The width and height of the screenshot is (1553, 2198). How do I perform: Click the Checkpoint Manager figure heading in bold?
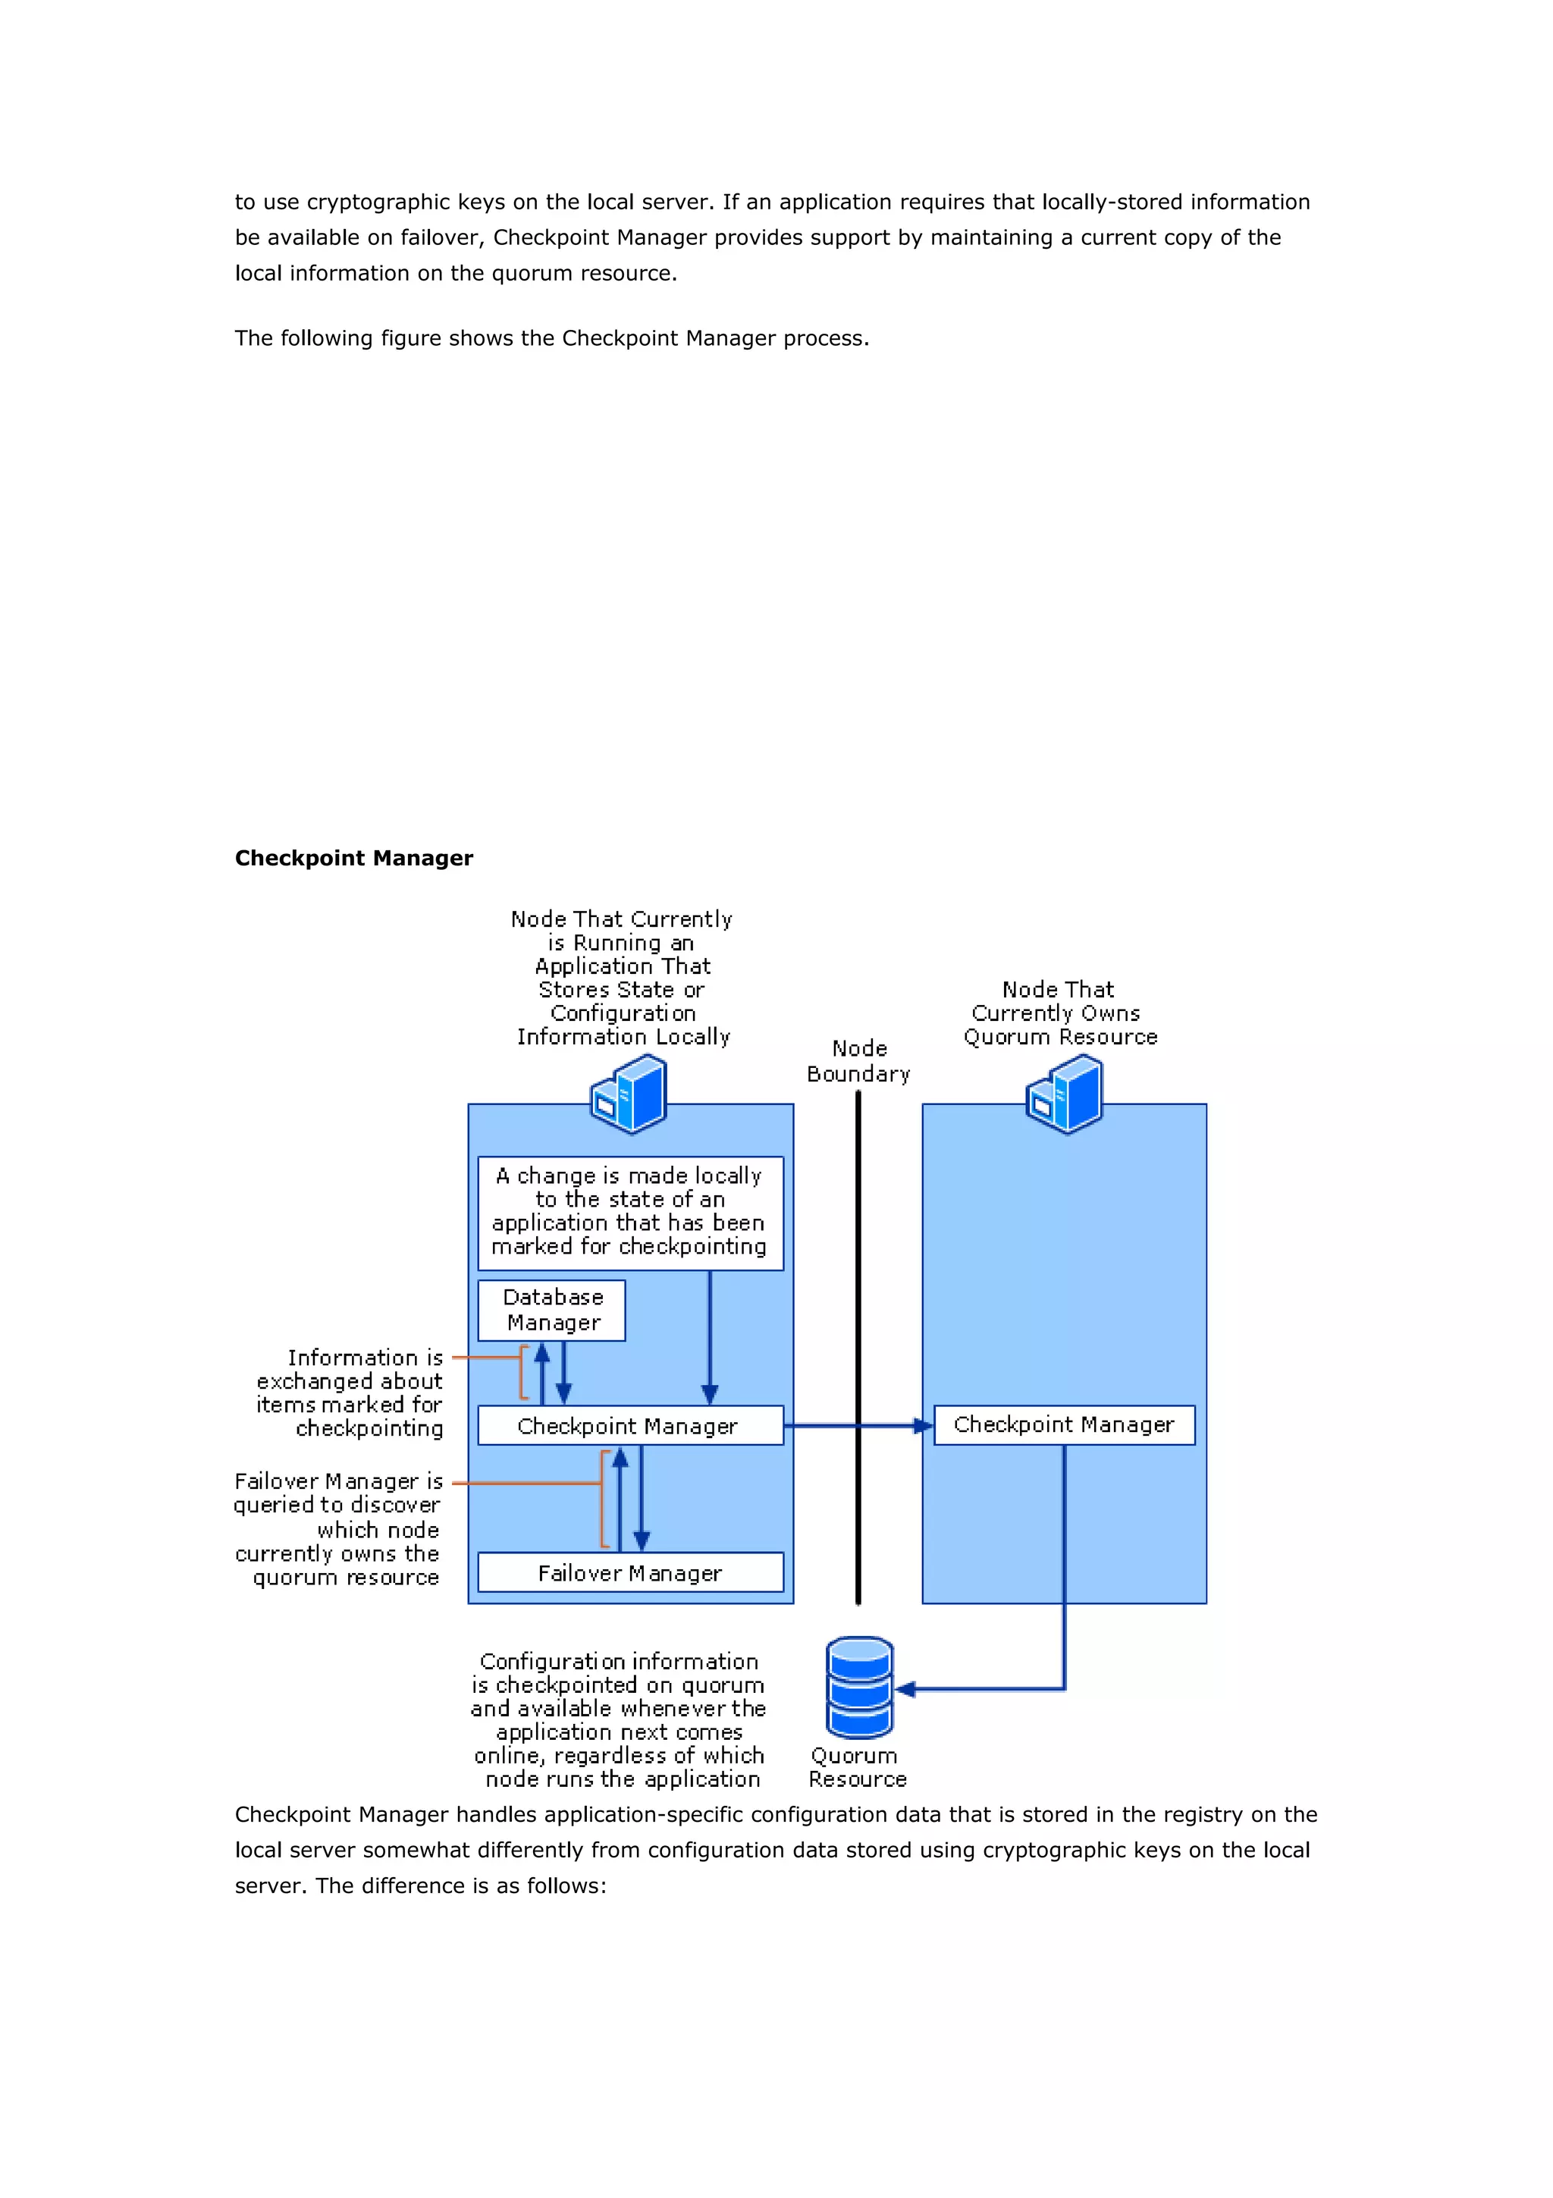(x=354, y=858)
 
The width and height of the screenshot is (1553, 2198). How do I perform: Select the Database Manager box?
(x=552, y=1310)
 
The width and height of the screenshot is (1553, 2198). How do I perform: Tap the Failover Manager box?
(x=629, y=1572)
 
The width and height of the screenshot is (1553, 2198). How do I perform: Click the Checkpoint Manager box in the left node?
(x=629, y=1425)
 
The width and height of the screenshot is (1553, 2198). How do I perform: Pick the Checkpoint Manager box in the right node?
(x=1063, y=1424)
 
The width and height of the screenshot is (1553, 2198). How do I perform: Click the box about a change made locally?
(x=629, y=1212)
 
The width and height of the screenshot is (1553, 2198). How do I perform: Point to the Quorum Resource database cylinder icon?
(x=859, y=1688)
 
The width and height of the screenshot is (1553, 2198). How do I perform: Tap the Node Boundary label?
(x=858, y=1061)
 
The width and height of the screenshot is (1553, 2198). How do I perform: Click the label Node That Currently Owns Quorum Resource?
(x=1059, y=1013)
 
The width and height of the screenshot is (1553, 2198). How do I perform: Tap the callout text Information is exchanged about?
(x=350, y=1392)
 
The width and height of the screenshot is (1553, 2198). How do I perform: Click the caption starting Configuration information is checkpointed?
(x=619, y=1719)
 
